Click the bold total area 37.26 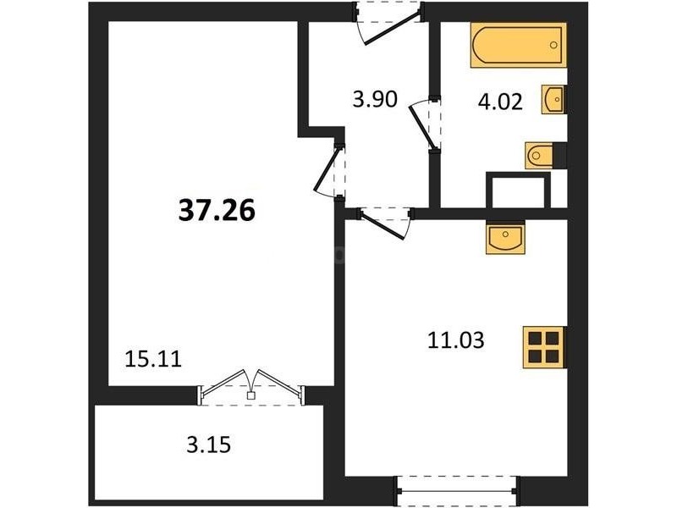[x=217, y=211]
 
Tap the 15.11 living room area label [x=153, y=359]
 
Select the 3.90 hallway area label [x=375, y=99]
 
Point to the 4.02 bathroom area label [x=500, y=102]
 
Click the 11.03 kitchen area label [x=456, y=340]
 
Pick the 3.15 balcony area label [x=209, y=445]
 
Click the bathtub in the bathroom [x=518, y=45]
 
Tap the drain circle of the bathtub [x=553, y=45]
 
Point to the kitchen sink [x=505, y=237]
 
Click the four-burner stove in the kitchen [x=543, y=348]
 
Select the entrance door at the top [x=388, y=23]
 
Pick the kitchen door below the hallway [x=385, y=223]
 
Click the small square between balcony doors [x=250, y=395]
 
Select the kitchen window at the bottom [x=458, y=491]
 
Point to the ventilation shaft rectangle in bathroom [x=518, y=190]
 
